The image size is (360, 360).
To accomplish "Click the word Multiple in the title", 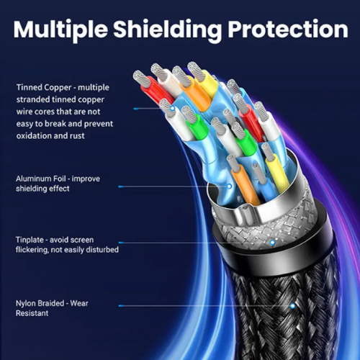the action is click(60, 30).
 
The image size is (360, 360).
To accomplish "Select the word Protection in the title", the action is click(288, 30).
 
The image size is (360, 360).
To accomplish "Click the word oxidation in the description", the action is click(34, 136).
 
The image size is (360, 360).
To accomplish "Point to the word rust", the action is click(77, 136).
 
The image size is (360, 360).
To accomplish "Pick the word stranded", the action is click(32, 99).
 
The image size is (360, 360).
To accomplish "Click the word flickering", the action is click(32, 250).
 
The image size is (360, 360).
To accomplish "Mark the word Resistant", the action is click(32, 313).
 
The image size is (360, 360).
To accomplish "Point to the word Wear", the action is click(79, 303).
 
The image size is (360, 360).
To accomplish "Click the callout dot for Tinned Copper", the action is click(172, 109).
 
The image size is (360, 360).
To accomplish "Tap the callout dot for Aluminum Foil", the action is click(230, 186).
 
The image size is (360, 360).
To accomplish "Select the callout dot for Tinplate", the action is click(272, 243).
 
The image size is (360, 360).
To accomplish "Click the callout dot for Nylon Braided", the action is click(292, 306).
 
